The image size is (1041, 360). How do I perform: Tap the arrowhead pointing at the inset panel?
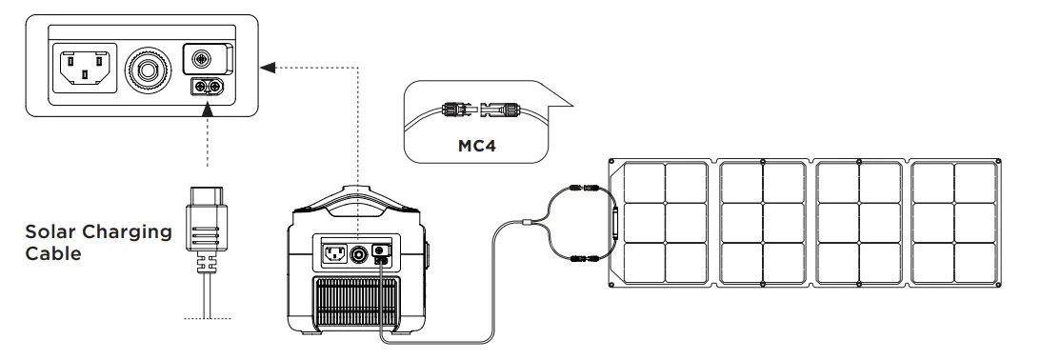coord(268,67)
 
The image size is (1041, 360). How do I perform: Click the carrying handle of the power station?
coord(356,201)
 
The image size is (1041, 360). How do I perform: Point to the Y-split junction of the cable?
coord(527,224)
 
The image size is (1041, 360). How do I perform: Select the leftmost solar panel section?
coord(663,224)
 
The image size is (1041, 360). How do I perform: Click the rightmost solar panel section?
coord(952,224)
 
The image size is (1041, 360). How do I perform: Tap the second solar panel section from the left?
coord(762,224)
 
